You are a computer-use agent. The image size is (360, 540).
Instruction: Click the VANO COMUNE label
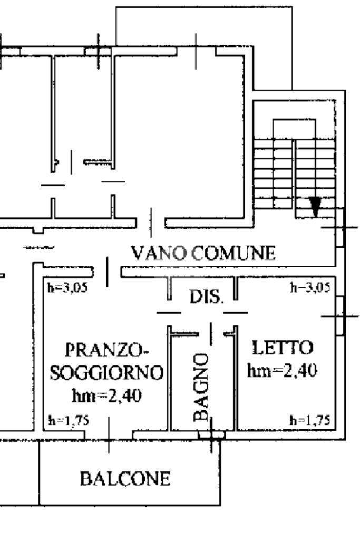[x=203, y=253]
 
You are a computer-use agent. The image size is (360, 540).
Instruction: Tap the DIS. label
[x=207, y=296]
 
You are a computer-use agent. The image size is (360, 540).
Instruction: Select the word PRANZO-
[x=106, y=350]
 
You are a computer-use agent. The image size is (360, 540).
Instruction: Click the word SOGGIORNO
[x=106, y=372]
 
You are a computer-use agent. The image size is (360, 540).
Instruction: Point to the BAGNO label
[x=201, y=387]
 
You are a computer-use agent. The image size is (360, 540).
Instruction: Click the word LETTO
[x=283, y=348]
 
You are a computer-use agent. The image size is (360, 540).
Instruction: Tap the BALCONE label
[x=125, y=479]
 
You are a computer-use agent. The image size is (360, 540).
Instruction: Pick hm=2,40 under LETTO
[x=282, y=370]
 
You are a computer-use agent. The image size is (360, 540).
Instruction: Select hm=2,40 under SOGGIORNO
[x=106, y=396]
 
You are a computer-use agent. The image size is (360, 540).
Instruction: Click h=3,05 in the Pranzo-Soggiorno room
[x=68, y=287]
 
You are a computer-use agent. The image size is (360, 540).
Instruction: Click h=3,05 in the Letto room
[x=310, y=287]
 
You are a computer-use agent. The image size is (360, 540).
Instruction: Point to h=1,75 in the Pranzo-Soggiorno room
[x=69, y=420]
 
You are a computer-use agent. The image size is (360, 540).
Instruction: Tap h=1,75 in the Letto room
[x=310, y=420]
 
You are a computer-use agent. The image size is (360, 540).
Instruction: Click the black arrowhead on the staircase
[x=315, y=207]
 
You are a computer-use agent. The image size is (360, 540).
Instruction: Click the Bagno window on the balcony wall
[x=211, y=435]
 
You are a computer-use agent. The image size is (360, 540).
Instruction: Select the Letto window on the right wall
[x=340, y=316]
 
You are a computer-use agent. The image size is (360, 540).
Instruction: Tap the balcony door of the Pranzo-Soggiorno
[x=109, y=435]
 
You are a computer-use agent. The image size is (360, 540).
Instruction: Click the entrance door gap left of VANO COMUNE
[x=108, y=272]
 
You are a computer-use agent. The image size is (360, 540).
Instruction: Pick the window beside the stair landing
[x=340, y=227]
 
